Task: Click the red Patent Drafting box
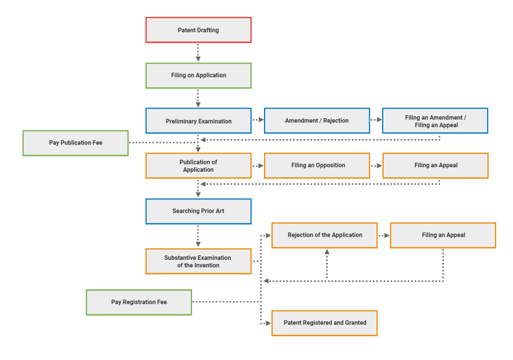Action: click(x=198, y=30)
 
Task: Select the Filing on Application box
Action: click(x=198, y=76)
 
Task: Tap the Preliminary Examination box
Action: click(x=198, y=121)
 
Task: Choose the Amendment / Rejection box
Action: click(x=317, y=121)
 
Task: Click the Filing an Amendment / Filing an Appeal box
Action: click(x=435, y=121)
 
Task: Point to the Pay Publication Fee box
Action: click(x=76, y=143)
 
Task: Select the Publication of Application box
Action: click(x=198, y=166)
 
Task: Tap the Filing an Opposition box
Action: click(x=317, y=166)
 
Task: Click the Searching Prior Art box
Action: click(x=198, y=211)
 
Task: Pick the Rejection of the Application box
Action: click(x=324, y=235)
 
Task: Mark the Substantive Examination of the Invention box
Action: click(x=198, y=261)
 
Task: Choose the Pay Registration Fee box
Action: click(x=139, y=302)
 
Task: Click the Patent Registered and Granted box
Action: click(x=324, y=323)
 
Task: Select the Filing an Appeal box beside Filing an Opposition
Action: click(x=435, y=166)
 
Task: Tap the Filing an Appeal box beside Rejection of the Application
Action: click(x=443, y=235)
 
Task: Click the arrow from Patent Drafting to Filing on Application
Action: click(x=198, y=53)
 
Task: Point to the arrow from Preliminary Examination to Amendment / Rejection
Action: click(x=258, y=120)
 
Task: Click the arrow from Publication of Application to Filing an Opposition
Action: click(x=258, y=165)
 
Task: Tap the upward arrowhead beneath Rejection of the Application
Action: click(x=327, y=252)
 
